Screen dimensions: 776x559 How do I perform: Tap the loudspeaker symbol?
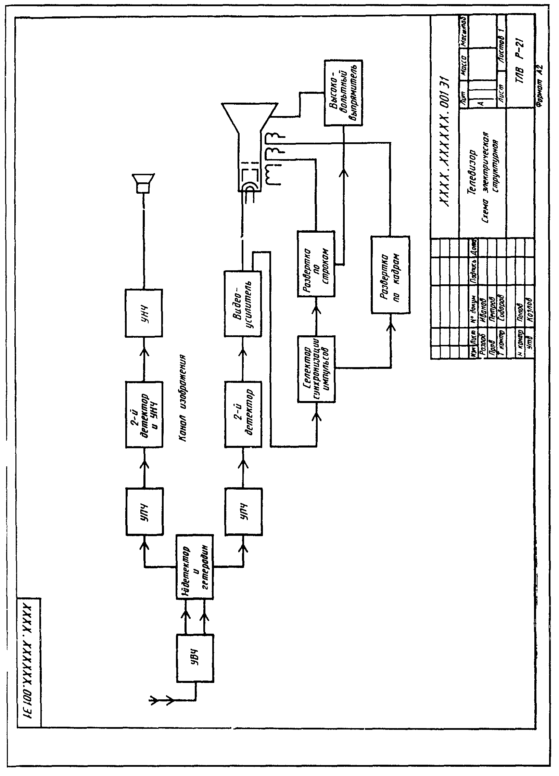click(x=144, y=184)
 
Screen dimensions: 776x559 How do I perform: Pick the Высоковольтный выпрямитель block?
click(x=343, y=92)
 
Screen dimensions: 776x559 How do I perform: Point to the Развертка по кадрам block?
click(x=391, y=273)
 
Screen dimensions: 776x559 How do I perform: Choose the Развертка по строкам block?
click(x=316, y=263)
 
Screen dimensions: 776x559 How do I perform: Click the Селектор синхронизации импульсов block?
click(x=317, y=368)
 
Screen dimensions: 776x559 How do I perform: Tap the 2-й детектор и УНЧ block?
click(x=143, y=419)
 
